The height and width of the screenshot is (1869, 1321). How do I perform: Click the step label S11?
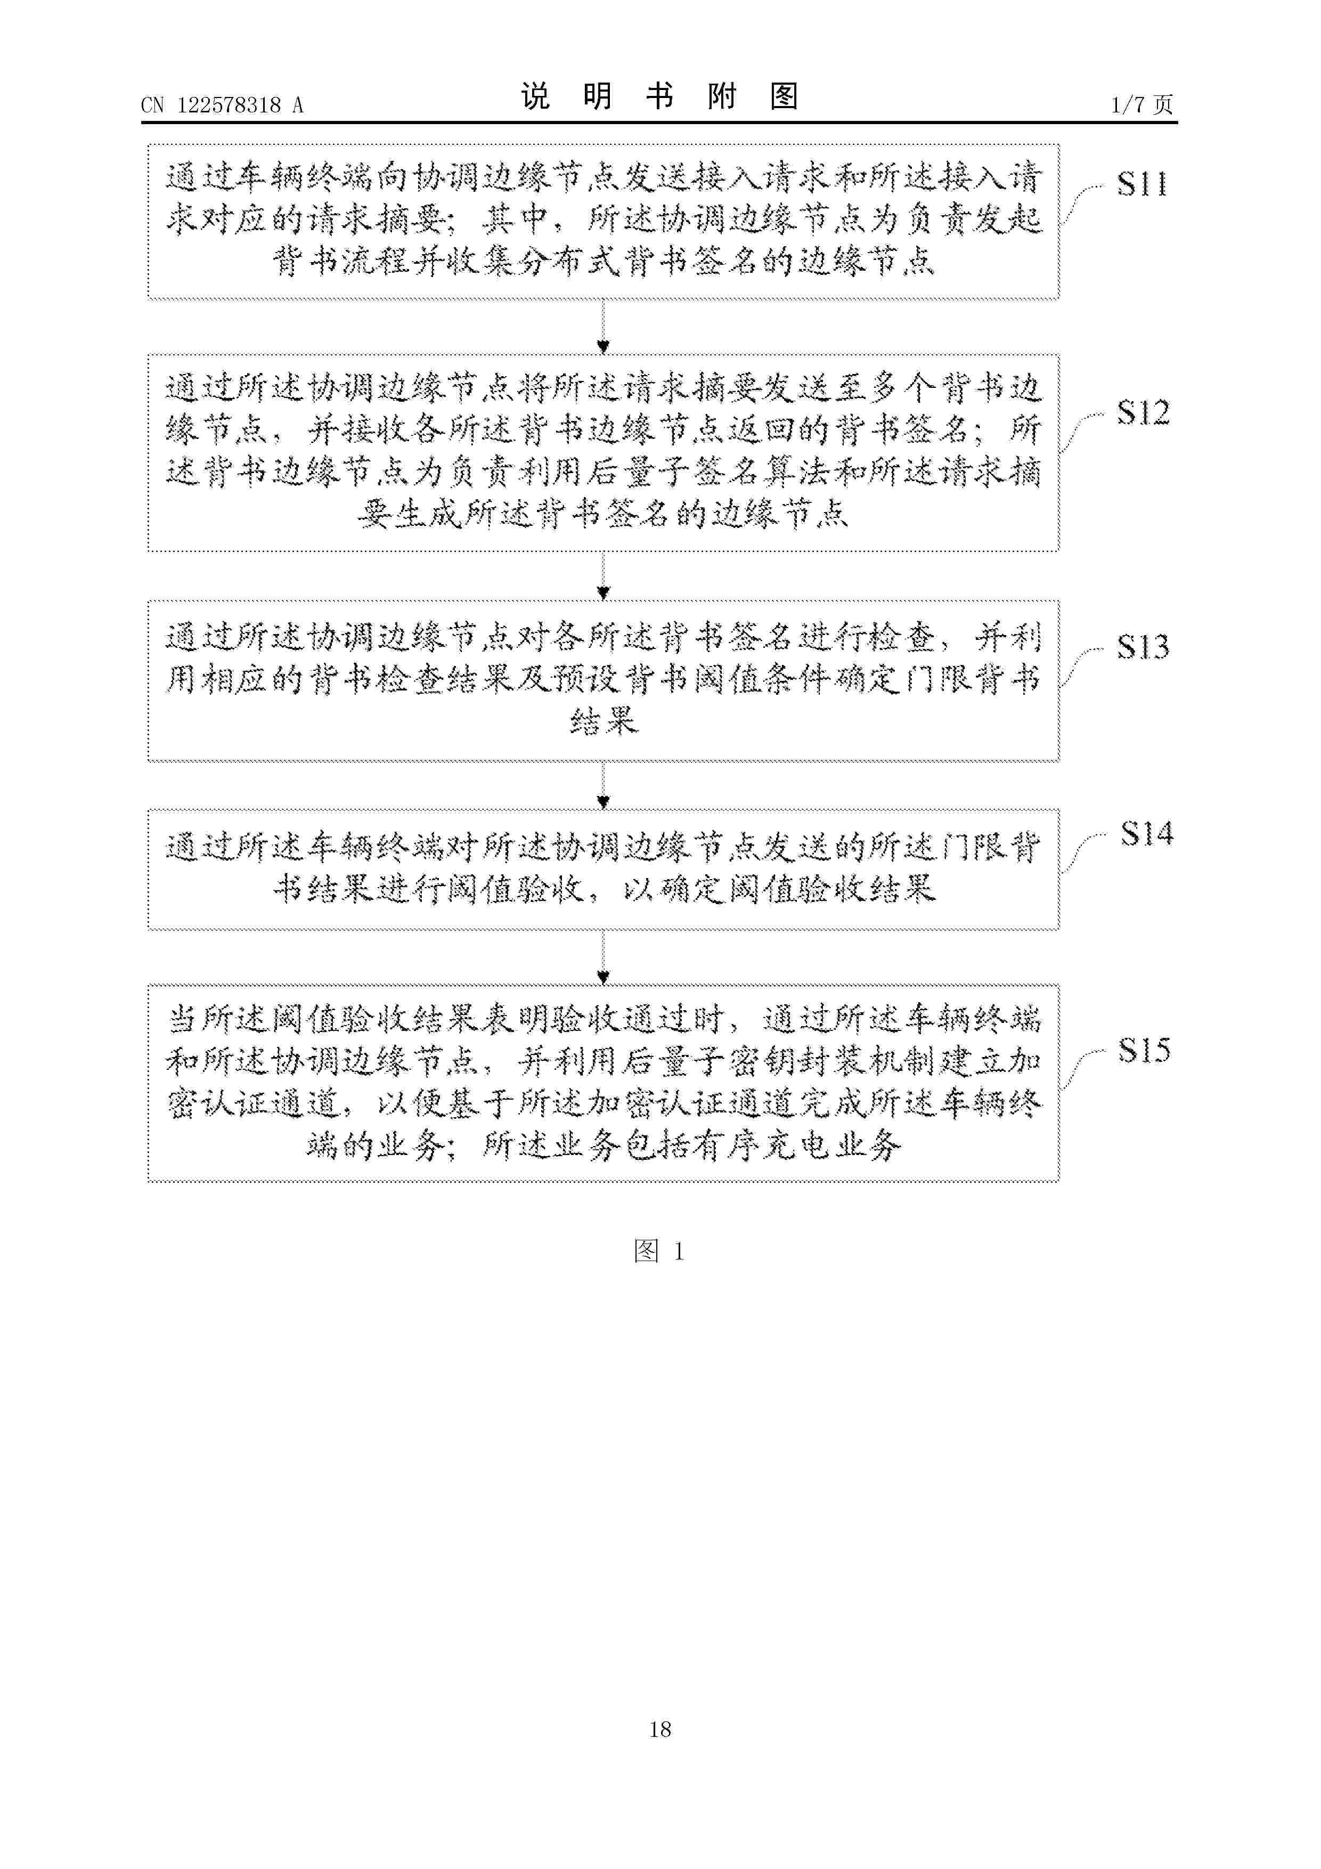click(1142, 185)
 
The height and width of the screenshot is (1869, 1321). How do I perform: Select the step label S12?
click(1143, 413)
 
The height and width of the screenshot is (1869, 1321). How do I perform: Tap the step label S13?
click(1143, 646)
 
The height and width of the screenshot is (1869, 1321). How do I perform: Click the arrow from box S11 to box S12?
click(603, 327)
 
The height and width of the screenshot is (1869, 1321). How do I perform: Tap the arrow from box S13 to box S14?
click(603, 785)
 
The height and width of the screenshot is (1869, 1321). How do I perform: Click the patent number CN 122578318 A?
click(222, 105)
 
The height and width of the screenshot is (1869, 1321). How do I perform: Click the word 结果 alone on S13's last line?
click(604, 720)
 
